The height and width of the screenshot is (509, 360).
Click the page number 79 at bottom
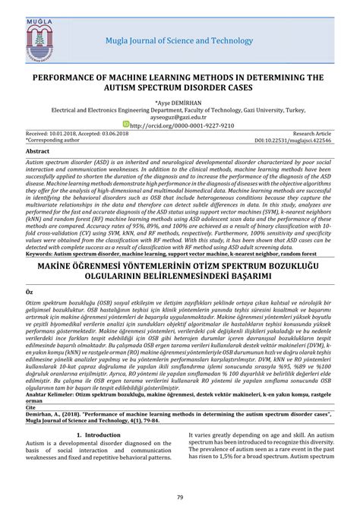(x=180, y=498)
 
